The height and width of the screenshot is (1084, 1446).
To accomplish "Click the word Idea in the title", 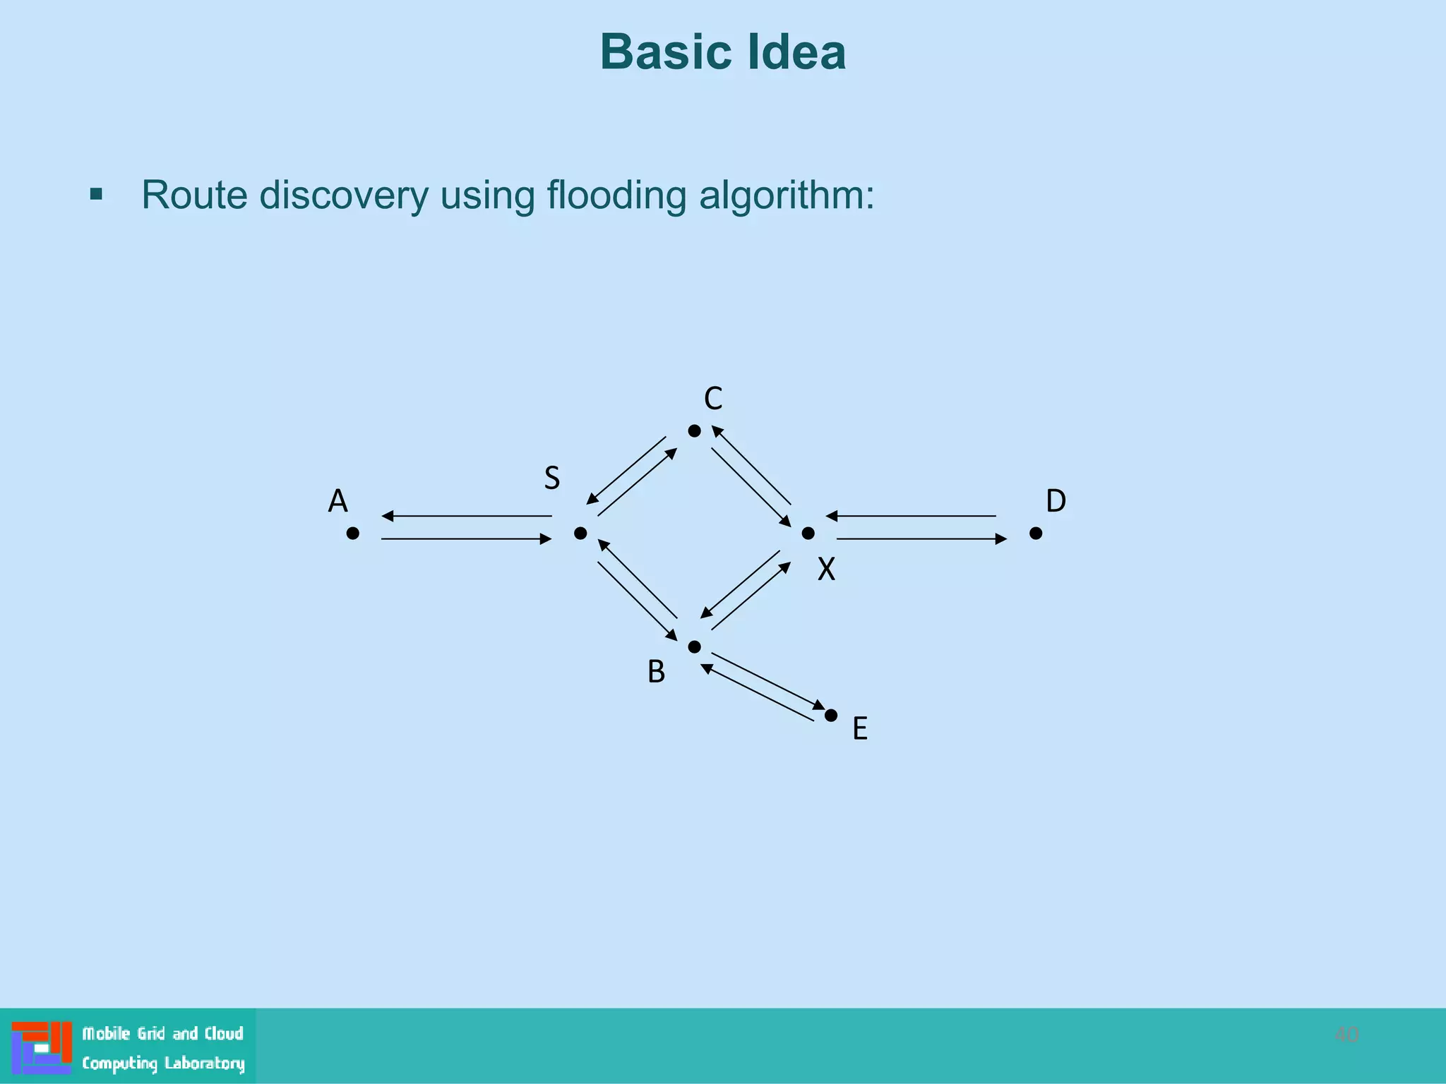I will point(797,53).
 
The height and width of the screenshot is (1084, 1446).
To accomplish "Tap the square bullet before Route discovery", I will point(97,194).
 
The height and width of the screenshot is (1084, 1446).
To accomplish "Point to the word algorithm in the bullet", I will point(786,195).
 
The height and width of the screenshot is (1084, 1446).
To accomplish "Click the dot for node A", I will point(353,534).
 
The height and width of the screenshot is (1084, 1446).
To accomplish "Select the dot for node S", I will point(580,534).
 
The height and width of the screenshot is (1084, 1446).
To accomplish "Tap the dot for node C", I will point(695,430).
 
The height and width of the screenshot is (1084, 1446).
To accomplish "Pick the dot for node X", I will point(808,534).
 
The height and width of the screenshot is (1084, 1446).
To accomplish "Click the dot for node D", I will point(1036,534).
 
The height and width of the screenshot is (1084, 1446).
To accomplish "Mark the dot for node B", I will point(695,646).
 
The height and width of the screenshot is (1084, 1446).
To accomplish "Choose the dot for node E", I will point(831,716).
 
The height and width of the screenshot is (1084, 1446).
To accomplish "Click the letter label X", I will point(826,569).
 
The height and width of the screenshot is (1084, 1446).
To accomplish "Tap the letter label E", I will point(859,728).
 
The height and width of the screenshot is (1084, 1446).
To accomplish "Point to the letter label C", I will point(713,399).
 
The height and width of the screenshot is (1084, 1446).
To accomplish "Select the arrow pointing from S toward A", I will point(466,516).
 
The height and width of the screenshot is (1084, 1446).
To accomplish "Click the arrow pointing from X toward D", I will point(921,539).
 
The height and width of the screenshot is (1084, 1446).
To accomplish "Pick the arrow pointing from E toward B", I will point(758,693).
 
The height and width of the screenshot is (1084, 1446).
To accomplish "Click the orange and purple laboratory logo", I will point(42,1047).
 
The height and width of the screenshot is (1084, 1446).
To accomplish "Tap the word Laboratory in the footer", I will point(204,1063).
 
